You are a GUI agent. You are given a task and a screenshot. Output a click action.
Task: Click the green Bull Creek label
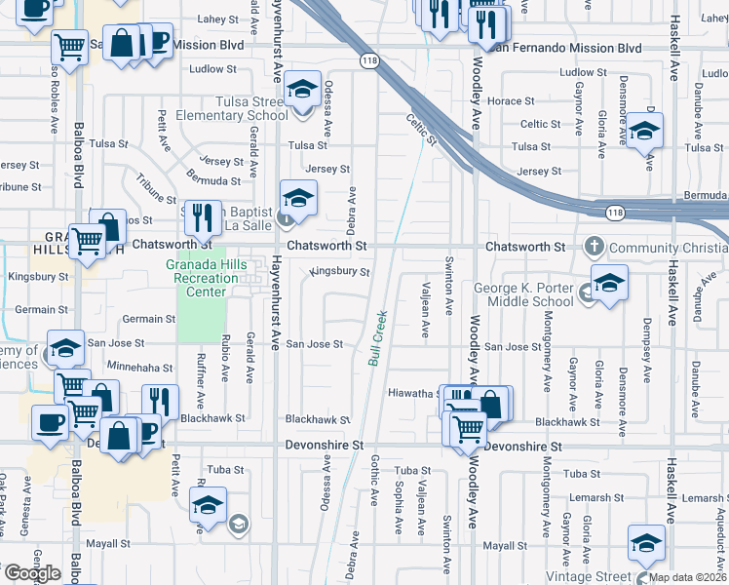click(x=379, y=338)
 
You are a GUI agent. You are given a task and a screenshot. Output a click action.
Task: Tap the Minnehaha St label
click(x=140, y=369)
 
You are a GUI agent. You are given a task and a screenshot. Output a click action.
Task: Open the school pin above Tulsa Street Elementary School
click(x=303, y=89)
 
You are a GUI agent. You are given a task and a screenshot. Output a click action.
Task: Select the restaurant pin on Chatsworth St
click(x=201, y=216)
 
